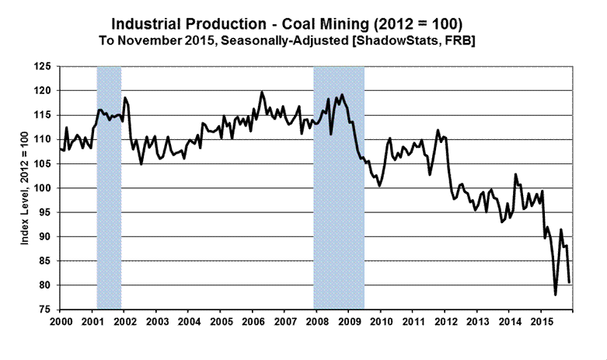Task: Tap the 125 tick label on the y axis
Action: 43,67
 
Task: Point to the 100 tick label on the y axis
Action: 43,188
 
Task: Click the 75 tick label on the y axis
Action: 45,309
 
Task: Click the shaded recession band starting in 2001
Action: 109,187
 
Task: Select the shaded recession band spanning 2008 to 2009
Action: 339,187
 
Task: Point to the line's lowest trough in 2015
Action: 556,295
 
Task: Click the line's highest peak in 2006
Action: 262,93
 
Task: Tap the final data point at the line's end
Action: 570,281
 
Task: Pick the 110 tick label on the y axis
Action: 43,140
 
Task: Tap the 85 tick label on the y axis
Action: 45,261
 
